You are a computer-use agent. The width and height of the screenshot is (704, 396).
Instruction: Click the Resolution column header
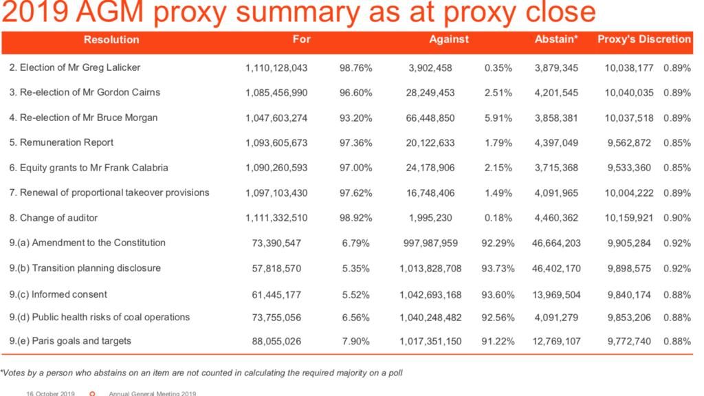[111, 39]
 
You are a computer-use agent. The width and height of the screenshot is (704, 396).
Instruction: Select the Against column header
[448, 39]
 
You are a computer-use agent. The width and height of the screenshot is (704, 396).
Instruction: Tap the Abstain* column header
[555, 39]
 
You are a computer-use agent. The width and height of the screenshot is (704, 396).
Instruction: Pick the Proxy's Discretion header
[643, 39]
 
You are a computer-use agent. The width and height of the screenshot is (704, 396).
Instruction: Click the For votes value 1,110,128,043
[276, 68]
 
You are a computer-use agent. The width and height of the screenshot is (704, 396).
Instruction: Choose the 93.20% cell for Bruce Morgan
[355, 118]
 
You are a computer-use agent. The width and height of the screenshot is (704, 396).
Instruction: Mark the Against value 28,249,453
[430, 93]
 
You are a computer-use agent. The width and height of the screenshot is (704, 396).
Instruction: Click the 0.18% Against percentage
[498, 218]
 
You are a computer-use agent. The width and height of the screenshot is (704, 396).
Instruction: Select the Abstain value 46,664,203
[556, 243]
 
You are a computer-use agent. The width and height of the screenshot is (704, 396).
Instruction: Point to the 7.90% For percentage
[355, 341]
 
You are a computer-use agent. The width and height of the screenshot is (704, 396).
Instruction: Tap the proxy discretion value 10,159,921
[628, 218]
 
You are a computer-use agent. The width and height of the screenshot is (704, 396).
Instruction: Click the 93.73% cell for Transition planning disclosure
[498, 269]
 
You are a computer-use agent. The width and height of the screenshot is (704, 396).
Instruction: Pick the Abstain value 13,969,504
[556, 295]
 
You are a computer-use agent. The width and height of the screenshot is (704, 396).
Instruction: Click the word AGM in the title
[109, 12]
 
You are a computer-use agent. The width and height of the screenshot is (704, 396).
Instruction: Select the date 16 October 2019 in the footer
[50, 393]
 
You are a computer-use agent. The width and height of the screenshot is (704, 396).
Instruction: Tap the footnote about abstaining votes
[201, 373]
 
